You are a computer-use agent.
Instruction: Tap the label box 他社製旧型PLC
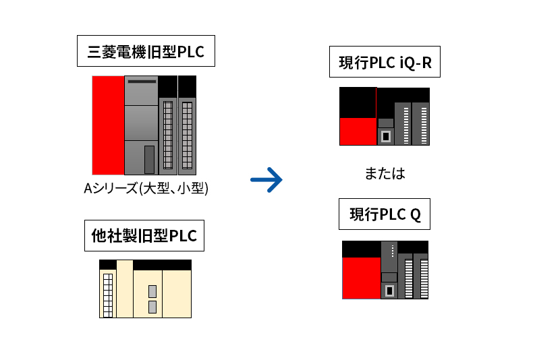click(x=144, y=235)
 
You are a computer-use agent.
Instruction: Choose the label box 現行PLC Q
click(x=385, y=215)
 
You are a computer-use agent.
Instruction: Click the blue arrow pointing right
click(x=266, y=179)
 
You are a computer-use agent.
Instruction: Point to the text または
click(x=385, y=173)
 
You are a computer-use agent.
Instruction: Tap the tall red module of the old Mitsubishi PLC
click(x=108, y=125)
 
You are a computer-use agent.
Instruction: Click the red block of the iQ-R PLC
click(x=358, y=131)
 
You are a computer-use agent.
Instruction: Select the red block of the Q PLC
click(x=361, y=278)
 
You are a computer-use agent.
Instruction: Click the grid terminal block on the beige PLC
click(x=107, y=294)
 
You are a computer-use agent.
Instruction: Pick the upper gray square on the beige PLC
click(x=152, y=291)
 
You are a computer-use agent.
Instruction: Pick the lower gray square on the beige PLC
click(x=152, y=307)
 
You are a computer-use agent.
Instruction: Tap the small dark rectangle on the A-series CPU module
click(x=149, y=160)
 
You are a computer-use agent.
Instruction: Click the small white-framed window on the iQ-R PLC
click(x=386, y=136)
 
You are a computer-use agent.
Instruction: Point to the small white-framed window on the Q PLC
click(x=389, y=291)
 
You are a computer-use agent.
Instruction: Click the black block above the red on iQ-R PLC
click(x=358, y=102)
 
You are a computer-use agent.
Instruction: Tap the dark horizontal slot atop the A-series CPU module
click(x=142, y=82)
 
